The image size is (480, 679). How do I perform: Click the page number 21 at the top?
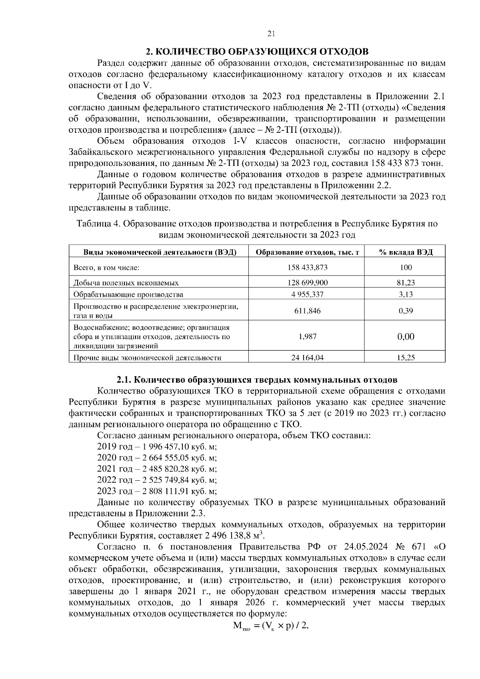tap(271, 34)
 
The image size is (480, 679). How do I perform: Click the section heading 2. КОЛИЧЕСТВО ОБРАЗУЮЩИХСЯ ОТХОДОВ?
tap(256, 52)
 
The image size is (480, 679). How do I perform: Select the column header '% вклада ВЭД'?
tap(406, 252)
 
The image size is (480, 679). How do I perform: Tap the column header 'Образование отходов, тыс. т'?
tap(307, 252)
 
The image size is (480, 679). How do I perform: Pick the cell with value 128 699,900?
tap(307, 283)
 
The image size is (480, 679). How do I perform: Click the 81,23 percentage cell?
tap(406, 283)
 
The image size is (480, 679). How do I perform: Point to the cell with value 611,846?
tap(307, 311)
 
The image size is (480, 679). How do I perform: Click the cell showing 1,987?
tap(307, 337)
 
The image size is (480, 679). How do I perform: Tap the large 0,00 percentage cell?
tap(406, 337)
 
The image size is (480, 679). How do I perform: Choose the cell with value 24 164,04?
tap(307, 358)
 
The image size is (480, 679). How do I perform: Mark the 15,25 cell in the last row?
tap(406, 358)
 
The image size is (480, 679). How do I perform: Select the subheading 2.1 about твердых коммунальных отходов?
tap(256, 379)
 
